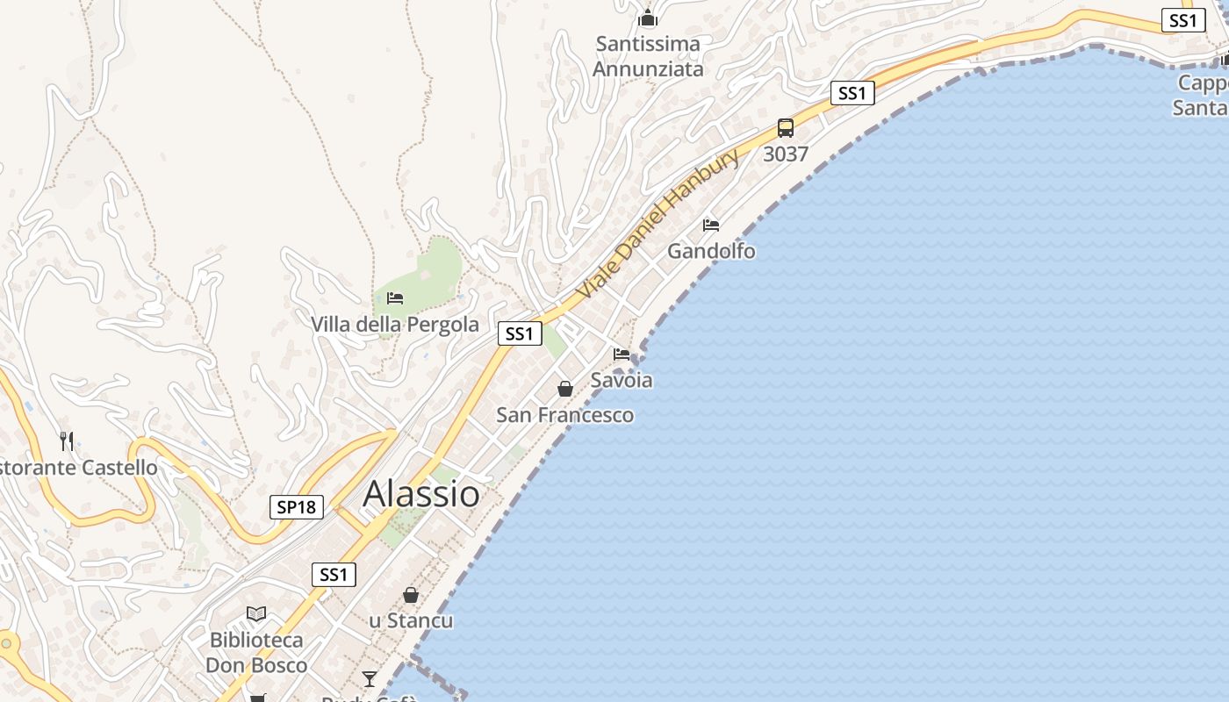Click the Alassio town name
click(x=421, y=494)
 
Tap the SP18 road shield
click(x=297, y=507)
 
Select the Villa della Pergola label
click(x=395, y=325)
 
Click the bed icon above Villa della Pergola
click(x=395, y=298)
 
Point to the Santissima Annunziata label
click(x=648, y=56)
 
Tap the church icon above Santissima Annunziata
click(x=648, y=18)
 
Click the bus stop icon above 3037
click(x=786, y=128)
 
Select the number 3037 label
click(x=786, y=154)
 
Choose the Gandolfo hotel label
click(x=711, y=251)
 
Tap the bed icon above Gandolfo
click(x=711, y=226)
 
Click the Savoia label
click(x=622, y=380)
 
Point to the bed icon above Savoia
click(x=622, y=355)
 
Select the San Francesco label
click(x=565, y=415)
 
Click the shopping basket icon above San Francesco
click(x=565, y=389)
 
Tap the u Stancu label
click(x=411, y=621)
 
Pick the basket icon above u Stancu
click(x=411, y=596)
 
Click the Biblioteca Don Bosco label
click(x=256, y=653)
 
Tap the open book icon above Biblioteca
click(x=256, y=614)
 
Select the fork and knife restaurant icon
click(x=67, y=441)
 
